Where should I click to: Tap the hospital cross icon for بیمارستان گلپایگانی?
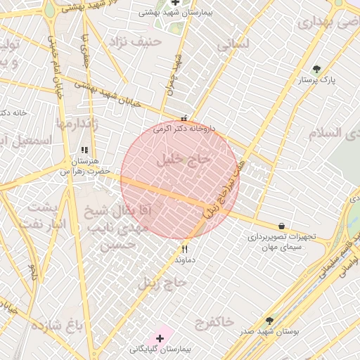pyautogui.click(x=160, y=339)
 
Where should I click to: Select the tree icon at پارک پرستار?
pyautogui.click(x=317, y=69)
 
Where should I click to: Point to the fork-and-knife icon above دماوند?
pyautogui.click(x=185, y=248)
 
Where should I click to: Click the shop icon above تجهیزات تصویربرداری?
pyautogui.click(x=282, y=226)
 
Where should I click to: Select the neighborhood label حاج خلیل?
pyautogui.click(x=186, y=159)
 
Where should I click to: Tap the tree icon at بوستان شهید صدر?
pyautogui.click(x=269, y=321)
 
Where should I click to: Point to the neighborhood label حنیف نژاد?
pyautogui.click(x=135, y=42)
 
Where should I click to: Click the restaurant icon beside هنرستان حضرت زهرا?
pyautogui.click(x=85, y=150)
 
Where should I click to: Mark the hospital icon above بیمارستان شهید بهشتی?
pyautogui.click(x=175, y=3)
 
